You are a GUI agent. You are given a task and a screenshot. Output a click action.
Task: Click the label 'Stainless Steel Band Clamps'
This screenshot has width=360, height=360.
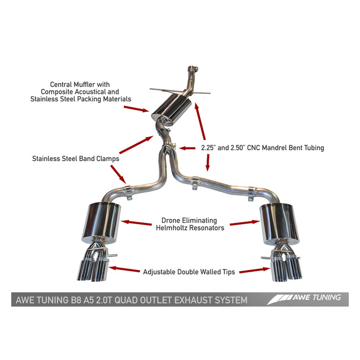(x=75, y=159)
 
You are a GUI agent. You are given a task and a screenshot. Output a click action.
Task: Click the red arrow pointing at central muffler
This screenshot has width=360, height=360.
(x=136, y=109)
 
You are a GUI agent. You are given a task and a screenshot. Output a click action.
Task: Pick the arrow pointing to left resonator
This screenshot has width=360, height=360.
(x=137, y=223)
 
